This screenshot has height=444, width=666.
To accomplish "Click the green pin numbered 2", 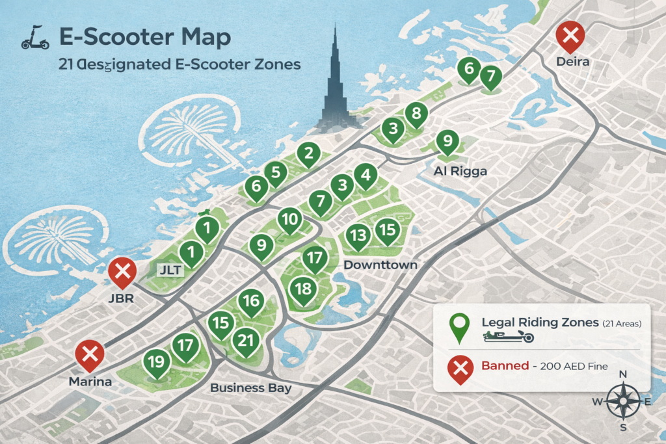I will [x=308, y=155].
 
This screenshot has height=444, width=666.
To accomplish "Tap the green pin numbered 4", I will [x=366, y=175].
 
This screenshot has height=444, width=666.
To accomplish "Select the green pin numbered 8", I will [x=416, y=115].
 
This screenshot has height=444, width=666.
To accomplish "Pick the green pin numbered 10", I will [x=289, y=220].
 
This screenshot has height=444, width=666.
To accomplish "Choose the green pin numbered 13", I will [x=357, y=236].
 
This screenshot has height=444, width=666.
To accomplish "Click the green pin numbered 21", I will [x=245, y=341].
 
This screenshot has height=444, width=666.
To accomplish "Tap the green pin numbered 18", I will [x=303, y=289].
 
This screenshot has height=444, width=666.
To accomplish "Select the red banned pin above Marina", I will [x=90, y=356].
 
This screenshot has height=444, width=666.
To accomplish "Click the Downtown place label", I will [x=380, y=265].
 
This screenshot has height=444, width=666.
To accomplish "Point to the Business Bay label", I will [x=250, y=388].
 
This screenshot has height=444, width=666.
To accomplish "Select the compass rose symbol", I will [x=622, y=401].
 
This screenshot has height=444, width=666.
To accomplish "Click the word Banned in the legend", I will [x=505, y=366].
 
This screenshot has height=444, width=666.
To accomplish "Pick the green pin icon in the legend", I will [x=459, y=327].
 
